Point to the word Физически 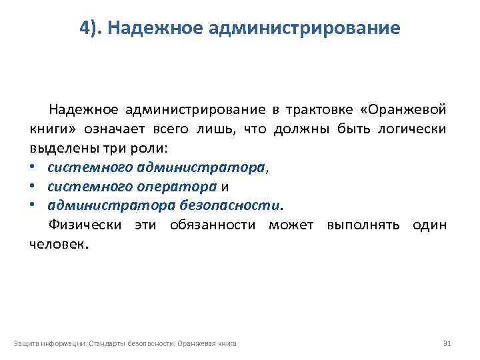tap(84, 225)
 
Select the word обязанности tap(213, 225)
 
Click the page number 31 tap(447, 343)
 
